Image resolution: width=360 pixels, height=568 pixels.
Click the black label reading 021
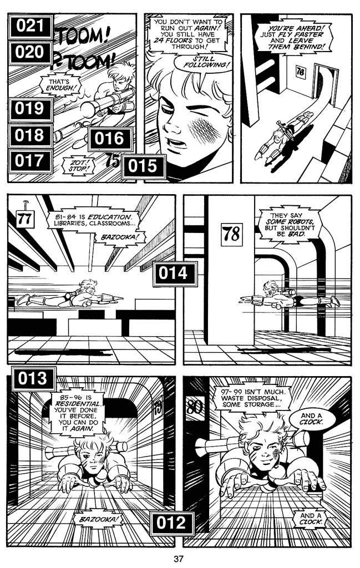click(31, 27)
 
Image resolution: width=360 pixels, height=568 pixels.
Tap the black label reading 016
click(110, 139)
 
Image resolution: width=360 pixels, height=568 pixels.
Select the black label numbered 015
click(144, 166)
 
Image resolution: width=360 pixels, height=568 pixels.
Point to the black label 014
click(175, 274)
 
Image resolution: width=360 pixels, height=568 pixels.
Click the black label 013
click(33, 378)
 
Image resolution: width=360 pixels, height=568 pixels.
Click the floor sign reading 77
click(26, 219)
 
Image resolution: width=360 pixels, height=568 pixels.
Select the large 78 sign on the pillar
click(231, 234)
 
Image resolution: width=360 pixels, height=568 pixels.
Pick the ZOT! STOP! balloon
click(79, 166)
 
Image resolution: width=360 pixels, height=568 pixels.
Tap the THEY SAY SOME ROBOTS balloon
click(291, 225)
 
